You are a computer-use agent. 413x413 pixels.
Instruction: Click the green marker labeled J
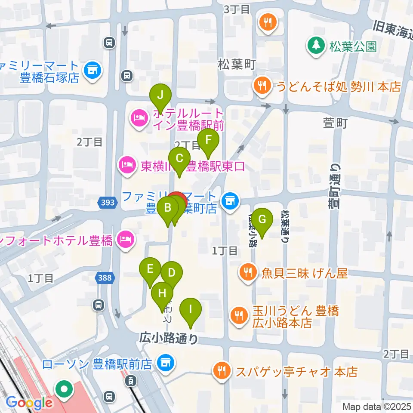pos(160,95)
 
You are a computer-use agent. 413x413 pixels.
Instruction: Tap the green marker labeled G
pos(262,219)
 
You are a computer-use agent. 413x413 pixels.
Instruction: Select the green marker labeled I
pos(190,309)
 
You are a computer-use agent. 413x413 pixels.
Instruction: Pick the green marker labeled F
pos(208,140)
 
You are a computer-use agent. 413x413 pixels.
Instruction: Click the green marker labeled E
pos(150,269)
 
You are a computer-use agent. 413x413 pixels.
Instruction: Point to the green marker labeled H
pos(162,294)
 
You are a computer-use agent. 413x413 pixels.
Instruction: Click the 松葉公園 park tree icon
pos(316,46)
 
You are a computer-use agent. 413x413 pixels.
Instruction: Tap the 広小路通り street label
pos(169,339)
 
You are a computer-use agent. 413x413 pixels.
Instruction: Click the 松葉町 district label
pos(237,65)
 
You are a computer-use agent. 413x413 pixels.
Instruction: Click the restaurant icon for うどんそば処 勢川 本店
pos(261,86)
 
